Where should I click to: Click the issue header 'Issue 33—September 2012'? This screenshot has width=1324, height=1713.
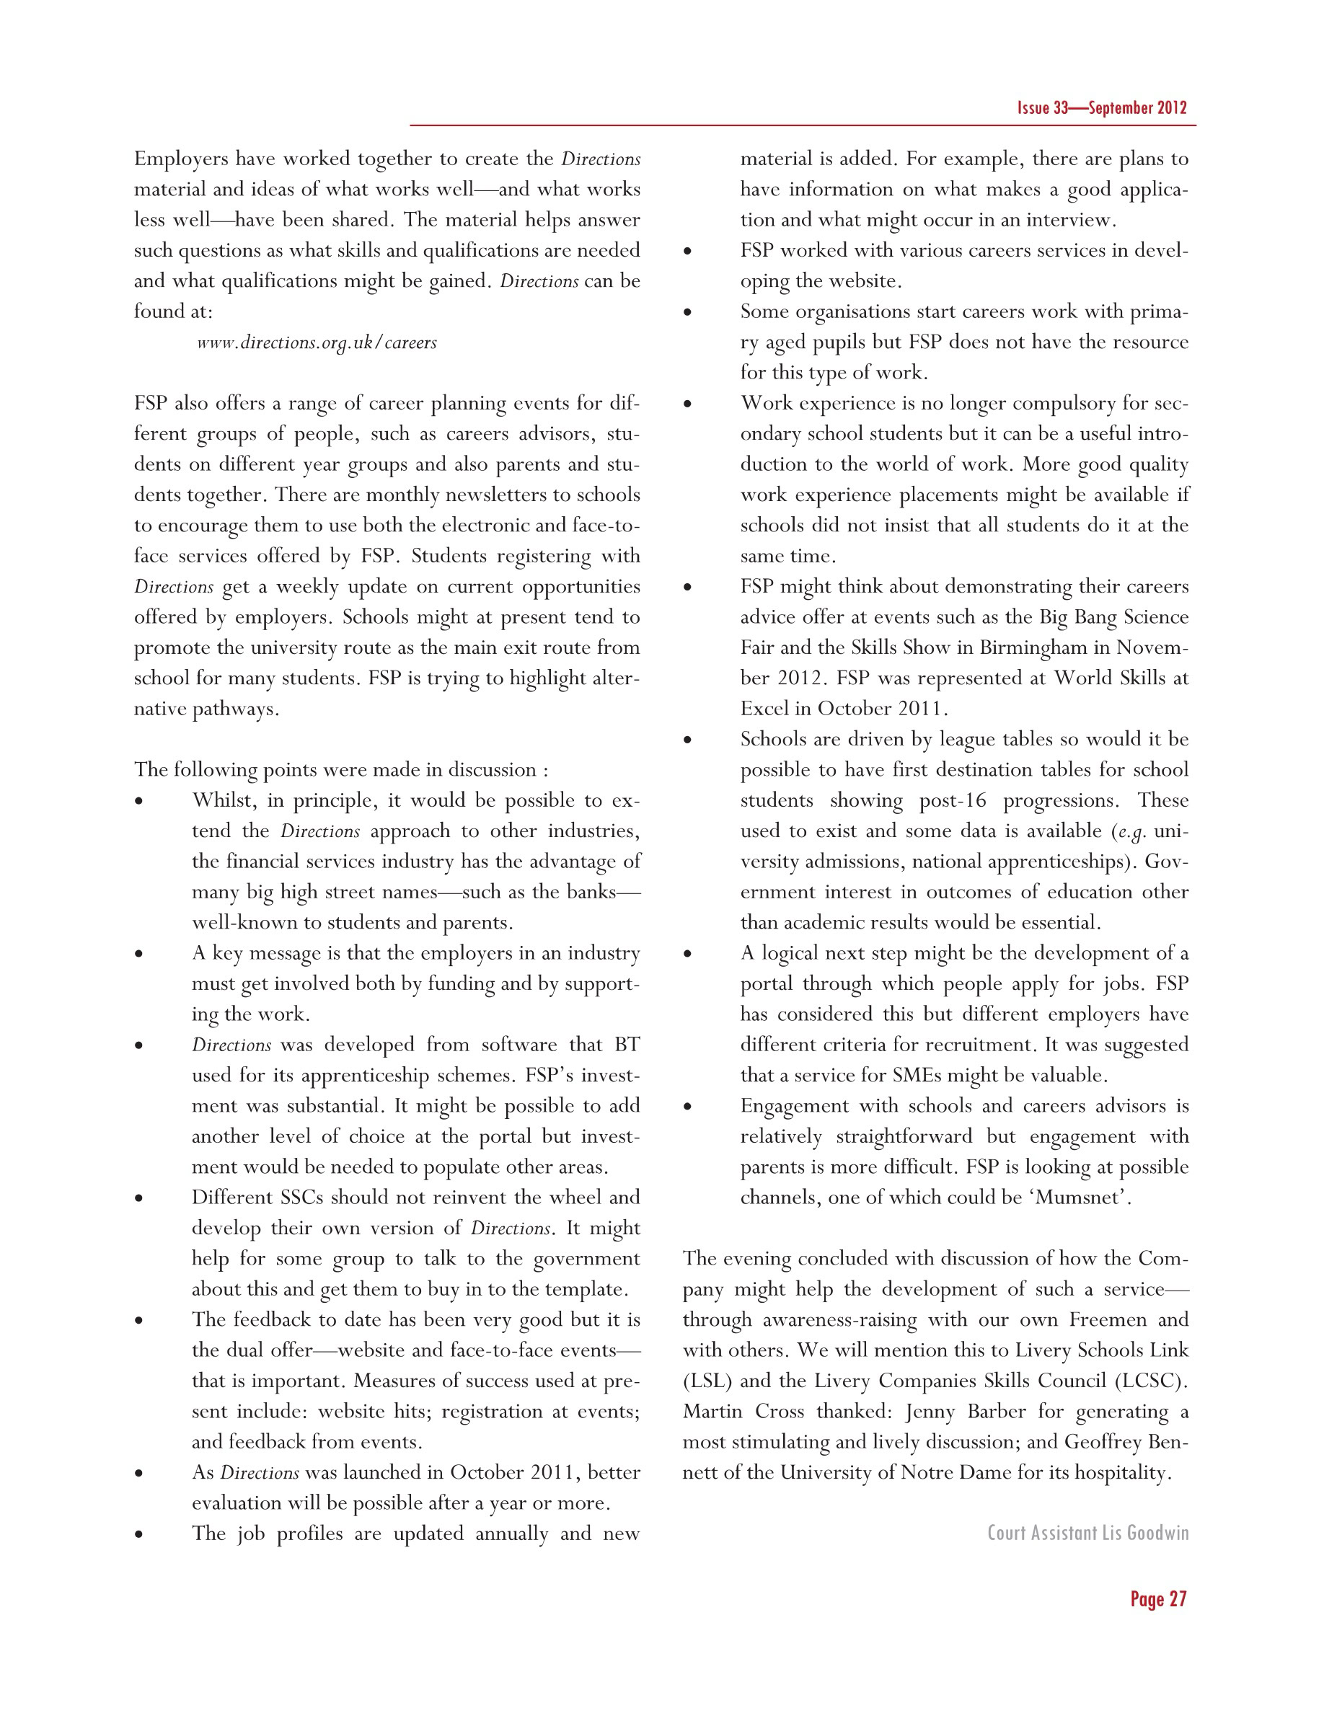[x=1101, y=108]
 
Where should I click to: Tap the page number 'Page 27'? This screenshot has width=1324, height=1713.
[x=1157, y=1598]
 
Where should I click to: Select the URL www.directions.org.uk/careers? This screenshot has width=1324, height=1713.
[x=316, y=342]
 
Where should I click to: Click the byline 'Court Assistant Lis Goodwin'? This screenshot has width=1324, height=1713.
[x=1087, y=1532]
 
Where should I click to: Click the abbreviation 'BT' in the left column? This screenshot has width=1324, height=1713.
[x=627, y=1045]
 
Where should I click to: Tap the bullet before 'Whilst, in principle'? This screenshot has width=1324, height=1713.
[x=139, y=802]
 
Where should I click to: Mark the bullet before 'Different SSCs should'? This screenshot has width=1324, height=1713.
[x=139, y=1198]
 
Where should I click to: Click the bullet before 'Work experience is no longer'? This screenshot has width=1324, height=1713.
[x=687, y=404]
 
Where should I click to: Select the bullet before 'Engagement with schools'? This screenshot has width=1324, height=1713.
[x=687, y=1107]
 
